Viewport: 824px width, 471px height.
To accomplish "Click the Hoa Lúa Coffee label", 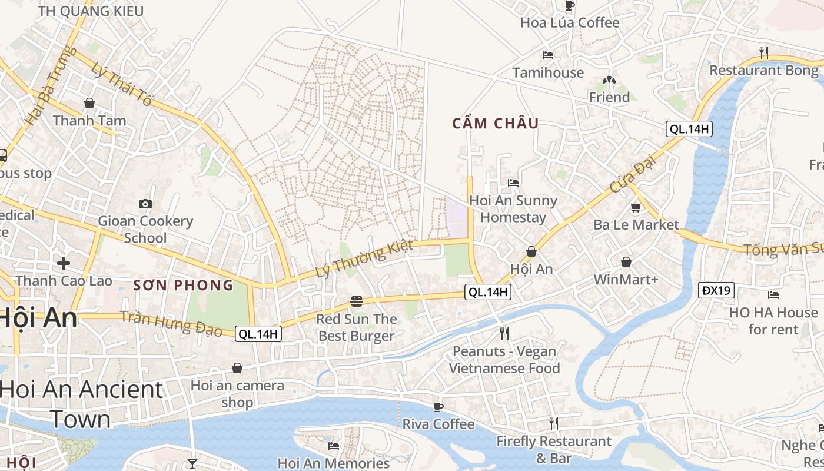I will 570,23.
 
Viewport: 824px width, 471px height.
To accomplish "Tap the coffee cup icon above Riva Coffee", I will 438,407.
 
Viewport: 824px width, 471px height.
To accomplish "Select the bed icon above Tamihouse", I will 548,55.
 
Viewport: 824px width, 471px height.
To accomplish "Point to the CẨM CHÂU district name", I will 496,123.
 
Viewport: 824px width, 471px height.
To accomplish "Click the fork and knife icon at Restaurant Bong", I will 764,52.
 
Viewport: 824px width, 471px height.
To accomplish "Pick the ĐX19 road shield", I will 716,290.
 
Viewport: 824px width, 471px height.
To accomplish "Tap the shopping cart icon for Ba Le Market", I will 636,207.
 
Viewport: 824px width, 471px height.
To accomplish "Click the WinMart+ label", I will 626,280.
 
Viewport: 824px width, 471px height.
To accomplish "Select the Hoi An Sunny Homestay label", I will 513,209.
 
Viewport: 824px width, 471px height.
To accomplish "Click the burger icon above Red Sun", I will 356,301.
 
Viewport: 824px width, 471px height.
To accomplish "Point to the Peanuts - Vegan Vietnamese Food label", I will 504,360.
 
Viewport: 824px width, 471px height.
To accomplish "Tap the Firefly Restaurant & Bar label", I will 554,449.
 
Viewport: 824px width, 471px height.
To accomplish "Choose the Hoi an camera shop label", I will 237,394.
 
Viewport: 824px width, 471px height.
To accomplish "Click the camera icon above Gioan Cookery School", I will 145,204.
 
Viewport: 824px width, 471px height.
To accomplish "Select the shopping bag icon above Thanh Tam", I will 89,103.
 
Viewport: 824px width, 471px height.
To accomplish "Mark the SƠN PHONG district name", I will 183,286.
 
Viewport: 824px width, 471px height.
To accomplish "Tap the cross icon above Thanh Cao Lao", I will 64,263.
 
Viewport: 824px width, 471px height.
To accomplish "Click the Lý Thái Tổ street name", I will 122,84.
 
